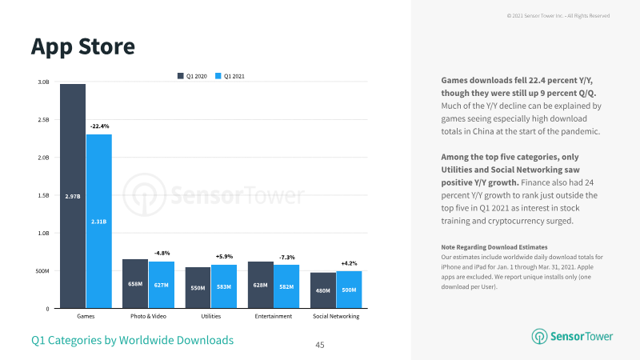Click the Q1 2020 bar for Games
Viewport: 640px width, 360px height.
[x=73, y=196]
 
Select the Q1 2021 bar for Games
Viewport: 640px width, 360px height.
[x=99, y=222]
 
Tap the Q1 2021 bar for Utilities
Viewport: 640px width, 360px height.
[x=224, y=286]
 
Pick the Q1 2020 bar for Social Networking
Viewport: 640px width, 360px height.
[x=323, y=290]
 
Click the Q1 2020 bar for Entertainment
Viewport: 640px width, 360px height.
[x=261, y=285]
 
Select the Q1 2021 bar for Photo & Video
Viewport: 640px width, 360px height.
[x=162, y=285]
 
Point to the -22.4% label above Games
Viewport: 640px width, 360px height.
[x=99, y=126]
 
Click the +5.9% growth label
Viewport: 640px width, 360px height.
[x=224, y=256]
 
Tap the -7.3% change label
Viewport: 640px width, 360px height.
[x=287, y=257]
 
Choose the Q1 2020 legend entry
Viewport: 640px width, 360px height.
[x=192, y=76]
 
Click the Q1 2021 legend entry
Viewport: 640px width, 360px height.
[x=230, y=76]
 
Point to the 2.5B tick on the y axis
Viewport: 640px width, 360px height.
[x=43, y=119]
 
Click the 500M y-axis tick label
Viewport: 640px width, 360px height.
[x=42, y=271]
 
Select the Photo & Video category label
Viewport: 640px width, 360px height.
[x=148, y=316]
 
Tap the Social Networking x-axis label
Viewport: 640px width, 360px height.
[x=336, y=316]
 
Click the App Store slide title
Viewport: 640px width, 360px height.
[x=83, y=47]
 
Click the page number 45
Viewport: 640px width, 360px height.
[x=320, y=345]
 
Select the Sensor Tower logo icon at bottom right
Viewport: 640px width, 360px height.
[x=539, y=336]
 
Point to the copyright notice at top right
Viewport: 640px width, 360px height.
[x=558, y=15]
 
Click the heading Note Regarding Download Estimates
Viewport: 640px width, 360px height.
[x=494, y=247]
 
